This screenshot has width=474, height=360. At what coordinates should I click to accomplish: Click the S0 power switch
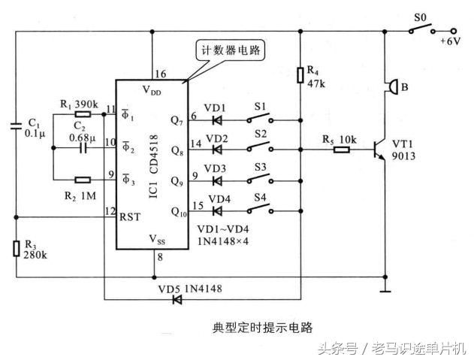tap(419, 30)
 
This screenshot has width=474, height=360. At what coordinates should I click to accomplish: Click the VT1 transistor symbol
tap(379, 148)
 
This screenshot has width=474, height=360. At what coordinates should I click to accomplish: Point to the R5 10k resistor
tap(341, 149)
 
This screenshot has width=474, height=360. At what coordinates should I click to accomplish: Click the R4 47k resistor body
tap(300, 73)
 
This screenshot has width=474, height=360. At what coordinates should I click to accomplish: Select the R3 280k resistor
tap(17, 248)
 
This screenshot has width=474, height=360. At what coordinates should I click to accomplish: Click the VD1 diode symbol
tap(218, 119)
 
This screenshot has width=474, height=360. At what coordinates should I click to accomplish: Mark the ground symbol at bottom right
tap(385, 289)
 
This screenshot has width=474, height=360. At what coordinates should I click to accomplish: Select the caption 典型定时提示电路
tap(262, 328)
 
